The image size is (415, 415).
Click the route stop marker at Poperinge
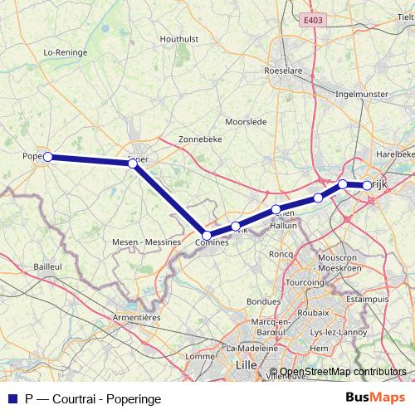(x=48, y=156)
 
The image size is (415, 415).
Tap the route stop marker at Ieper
(x=133, y=164)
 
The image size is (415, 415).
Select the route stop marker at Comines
(x=207, y=236)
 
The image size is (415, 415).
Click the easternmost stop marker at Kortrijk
(x=367, y=186)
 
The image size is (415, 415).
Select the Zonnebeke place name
(x=200, y=139)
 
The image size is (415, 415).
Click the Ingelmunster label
(x=360, y=94)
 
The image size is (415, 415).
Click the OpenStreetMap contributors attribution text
(x=343, y=373)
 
